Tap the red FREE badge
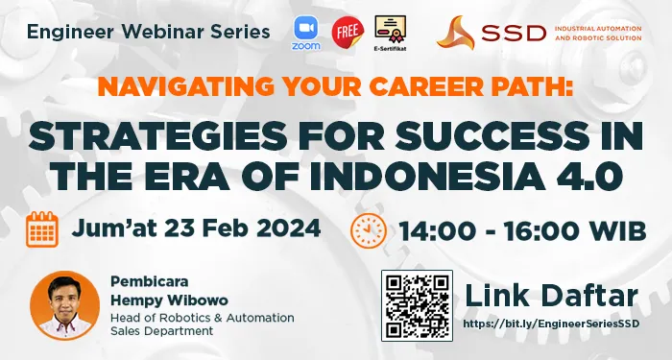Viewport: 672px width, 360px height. (346, 33)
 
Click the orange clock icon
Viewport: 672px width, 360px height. (367, 230)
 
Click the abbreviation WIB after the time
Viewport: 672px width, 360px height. (612, 230)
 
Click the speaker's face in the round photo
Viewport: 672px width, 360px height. (64, 299)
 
